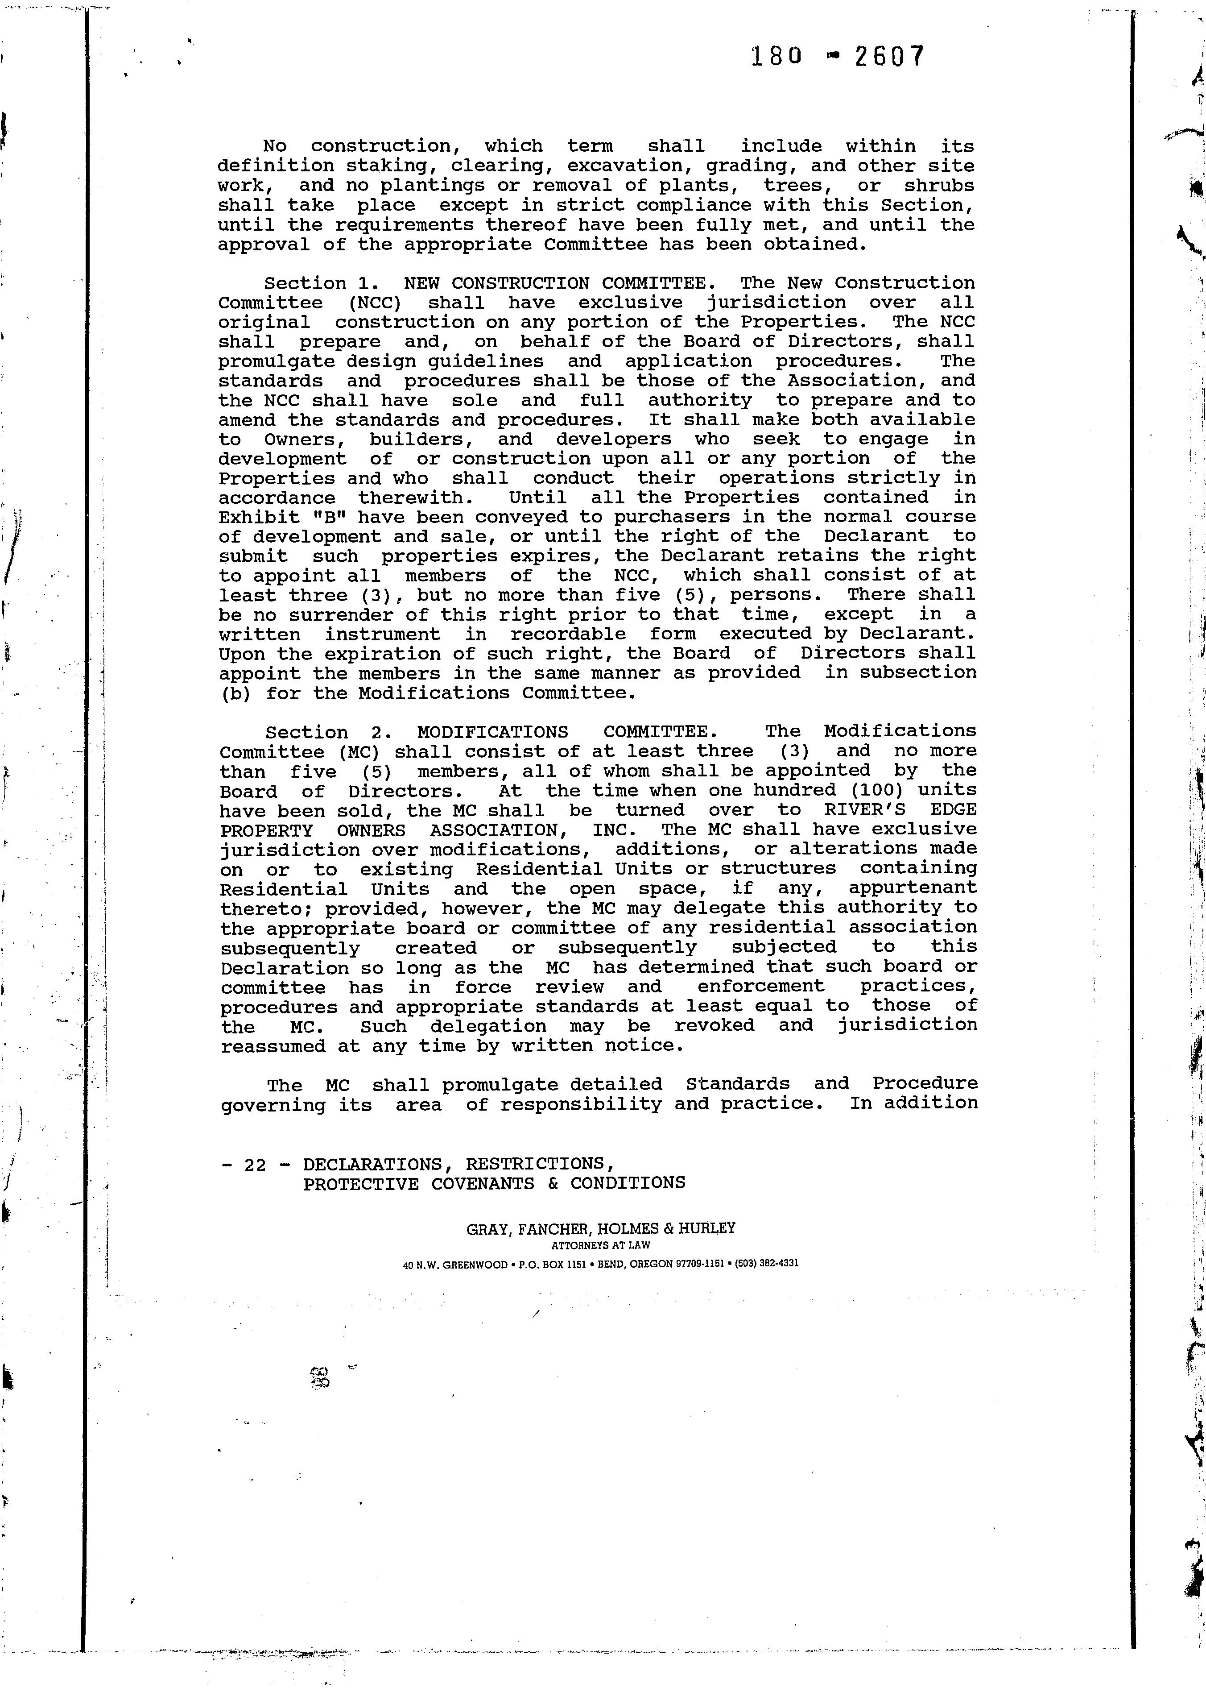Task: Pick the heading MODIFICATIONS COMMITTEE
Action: coord(566,732)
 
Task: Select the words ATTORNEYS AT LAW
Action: coord(601,1246)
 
